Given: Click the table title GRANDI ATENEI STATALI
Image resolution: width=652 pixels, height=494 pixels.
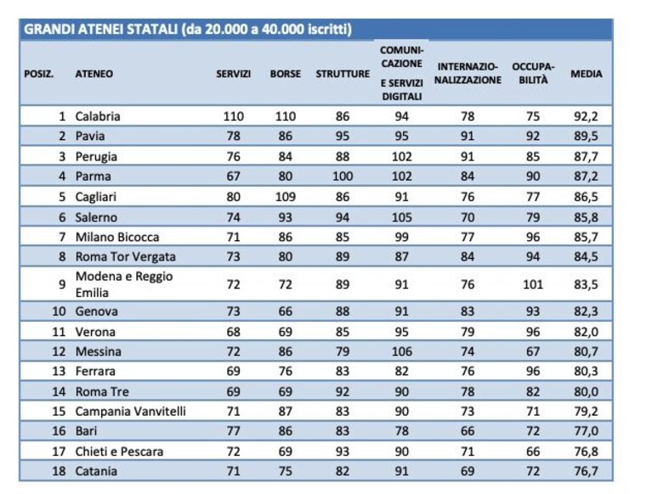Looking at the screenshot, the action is (101, 30).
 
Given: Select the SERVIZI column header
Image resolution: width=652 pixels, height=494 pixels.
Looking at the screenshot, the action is (233, 74).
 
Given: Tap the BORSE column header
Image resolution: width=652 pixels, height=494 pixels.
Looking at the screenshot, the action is (286, 74).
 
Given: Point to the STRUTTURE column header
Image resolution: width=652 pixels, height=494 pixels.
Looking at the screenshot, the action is (343, 74).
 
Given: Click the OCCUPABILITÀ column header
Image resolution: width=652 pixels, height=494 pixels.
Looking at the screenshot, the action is (533, 74).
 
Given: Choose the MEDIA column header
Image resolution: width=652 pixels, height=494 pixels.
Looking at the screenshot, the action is (587, 74).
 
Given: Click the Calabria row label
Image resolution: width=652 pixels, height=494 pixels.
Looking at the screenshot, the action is (98, 116).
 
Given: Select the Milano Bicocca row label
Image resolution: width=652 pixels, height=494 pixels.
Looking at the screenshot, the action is (117, 237).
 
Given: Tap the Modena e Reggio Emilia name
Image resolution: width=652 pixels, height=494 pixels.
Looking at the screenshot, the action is (124, 284).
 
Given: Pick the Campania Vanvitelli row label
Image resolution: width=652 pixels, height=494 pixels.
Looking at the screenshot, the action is (131, 412).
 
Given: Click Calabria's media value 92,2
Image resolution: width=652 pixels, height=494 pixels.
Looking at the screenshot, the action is (586, 116).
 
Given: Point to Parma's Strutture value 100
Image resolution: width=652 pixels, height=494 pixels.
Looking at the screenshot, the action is (343, 177).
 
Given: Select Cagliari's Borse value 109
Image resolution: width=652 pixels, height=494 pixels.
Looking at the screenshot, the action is (286, 197).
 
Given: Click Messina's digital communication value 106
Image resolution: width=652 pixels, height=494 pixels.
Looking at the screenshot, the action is (402, 351).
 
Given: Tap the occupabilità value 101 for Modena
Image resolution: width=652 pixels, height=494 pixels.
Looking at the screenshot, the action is (533, 284).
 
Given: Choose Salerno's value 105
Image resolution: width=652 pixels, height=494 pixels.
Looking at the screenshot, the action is (402, 217).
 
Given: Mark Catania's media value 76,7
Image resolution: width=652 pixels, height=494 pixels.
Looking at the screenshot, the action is (586, 472).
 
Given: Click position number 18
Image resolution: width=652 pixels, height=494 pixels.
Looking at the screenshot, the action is (59, 471).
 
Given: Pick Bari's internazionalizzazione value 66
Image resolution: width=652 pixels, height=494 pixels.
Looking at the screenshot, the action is (468, 431).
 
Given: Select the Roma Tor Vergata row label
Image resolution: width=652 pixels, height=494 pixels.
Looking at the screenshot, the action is (126, 257).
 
